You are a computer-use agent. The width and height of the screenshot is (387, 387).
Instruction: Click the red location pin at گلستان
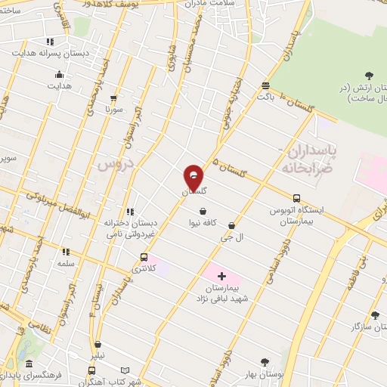pos(193,177)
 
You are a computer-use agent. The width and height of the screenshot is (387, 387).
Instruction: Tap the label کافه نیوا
pos(203,223)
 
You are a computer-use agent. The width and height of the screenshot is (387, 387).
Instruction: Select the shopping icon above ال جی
pos(231,225)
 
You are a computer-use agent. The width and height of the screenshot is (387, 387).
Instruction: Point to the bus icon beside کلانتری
pos(144,257)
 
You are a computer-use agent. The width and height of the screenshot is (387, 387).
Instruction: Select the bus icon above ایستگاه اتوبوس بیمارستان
pos(296,198)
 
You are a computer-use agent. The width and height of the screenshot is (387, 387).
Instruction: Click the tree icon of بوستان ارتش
pos(369,75)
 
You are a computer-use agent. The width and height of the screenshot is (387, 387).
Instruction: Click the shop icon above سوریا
pos(113,98)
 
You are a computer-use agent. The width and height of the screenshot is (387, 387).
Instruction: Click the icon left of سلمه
pos(66,252)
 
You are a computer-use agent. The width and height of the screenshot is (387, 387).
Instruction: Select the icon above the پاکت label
pos(265,85)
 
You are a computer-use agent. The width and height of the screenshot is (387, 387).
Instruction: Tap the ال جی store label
pos(228,237)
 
